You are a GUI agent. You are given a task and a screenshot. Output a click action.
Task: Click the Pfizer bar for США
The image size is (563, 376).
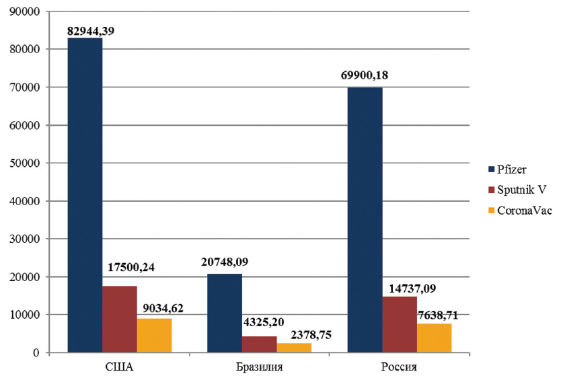(x=85, y=195)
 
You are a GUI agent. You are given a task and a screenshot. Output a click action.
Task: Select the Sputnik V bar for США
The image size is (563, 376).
(x=120, y=319)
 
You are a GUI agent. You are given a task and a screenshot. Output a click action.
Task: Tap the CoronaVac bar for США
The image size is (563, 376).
(x=154, y=335)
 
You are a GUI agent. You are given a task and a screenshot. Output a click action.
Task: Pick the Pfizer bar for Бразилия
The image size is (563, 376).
(x=225, y=313)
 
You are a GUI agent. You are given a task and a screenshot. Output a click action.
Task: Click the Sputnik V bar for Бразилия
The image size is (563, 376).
(x=260, y=344)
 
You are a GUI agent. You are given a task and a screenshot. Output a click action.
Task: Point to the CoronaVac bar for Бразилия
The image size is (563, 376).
(x=294, y=348)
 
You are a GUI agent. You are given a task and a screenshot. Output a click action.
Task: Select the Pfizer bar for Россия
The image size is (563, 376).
(x=365, y=220)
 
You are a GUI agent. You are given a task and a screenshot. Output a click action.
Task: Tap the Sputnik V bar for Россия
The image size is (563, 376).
(x=400, y=324)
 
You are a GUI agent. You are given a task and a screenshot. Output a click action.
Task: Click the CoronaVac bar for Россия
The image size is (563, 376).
(x=435, y=338)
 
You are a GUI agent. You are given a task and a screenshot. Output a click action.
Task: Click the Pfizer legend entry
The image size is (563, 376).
(x=515, y=170)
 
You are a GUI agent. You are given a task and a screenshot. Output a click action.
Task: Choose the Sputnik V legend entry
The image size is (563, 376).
(x=521, y=190)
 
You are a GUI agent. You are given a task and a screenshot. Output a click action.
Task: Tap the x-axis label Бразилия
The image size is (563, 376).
(x=260, y=367)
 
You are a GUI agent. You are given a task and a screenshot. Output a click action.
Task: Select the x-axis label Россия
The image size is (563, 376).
(x=400, y=367)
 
